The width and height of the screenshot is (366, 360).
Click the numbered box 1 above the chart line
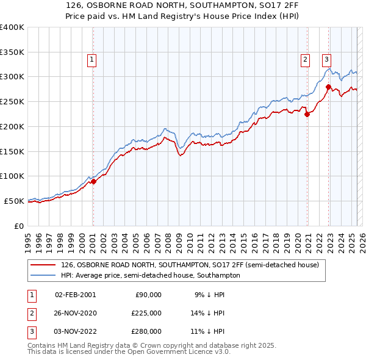click(x=91, y=59)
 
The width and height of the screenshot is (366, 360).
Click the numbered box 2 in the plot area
click(x=304, y=59)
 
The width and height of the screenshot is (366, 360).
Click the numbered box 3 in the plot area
click(x=326, y=59)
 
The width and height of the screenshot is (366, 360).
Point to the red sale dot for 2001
click(x=93, y=181)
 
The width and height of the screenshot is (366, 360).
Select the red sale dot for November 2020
click(x=307, y=113)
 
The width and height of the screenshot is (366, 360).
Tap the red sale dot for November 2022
click(x=328, y=87)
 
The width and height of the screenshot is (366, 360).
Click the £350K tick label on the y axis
click(x=12, y=52)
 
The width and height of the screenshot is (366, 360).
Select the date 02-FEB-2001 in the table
click(x=75, y=295)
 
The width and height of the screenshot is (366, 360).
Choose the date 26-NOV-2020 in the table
click(x=75, y=313)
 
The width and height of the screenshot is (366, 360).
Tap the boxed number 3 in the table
click(x=30, y=331)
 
